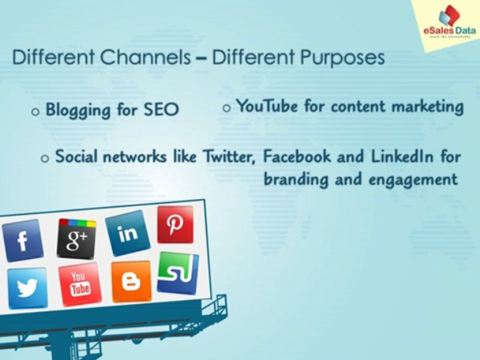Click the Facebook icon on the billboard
[x=22, y=240]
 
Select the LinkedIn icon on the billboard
[x=127, y=233]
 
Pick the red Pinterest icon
[x=175, y=224]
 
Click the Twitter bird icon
[x=27, y=288]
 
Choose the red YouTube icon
[x=79, y=283]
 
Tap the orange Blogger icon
[x=131, y=281]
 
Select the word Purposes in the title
[x=342, y=58]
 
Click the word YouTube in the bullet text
[x=268, y=106]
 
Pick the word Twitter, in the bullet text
[x=230, y=156]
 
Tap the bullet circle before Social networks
[x=45, y=158]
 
